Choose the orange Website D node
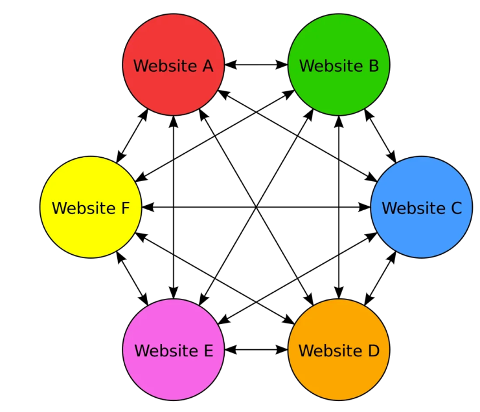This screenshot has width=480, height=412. tap(339, 372)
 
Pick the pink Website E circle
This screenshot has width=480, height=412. tap(173, 372)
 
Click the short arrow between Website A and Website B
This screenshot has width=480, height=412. tap(256, 65)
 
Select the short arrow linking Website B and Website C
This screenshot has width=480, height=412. tap(380, 136)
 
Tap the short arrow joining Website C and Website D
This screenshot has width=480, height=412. tap(380, 278)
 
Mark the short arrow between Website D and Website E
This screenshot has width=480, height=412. tap(256, 350)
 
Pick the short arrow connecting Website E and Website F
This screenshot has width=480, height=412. tap(132, 279)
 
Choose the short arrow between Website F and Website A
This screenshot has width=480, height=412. tap(132, 136)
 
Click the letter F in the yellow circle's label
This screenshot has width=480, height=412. tap(126, 208)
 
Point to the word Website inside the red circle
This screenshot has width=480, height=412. tap(163, 65)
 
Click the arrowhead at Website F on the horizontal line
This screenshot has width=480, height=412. tap(146, 208)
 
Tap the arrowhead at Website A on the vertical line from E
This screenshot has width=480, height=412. tap(173, 120)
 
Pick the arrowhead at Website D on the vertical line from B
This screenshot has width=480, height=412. tap(338, 294)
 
